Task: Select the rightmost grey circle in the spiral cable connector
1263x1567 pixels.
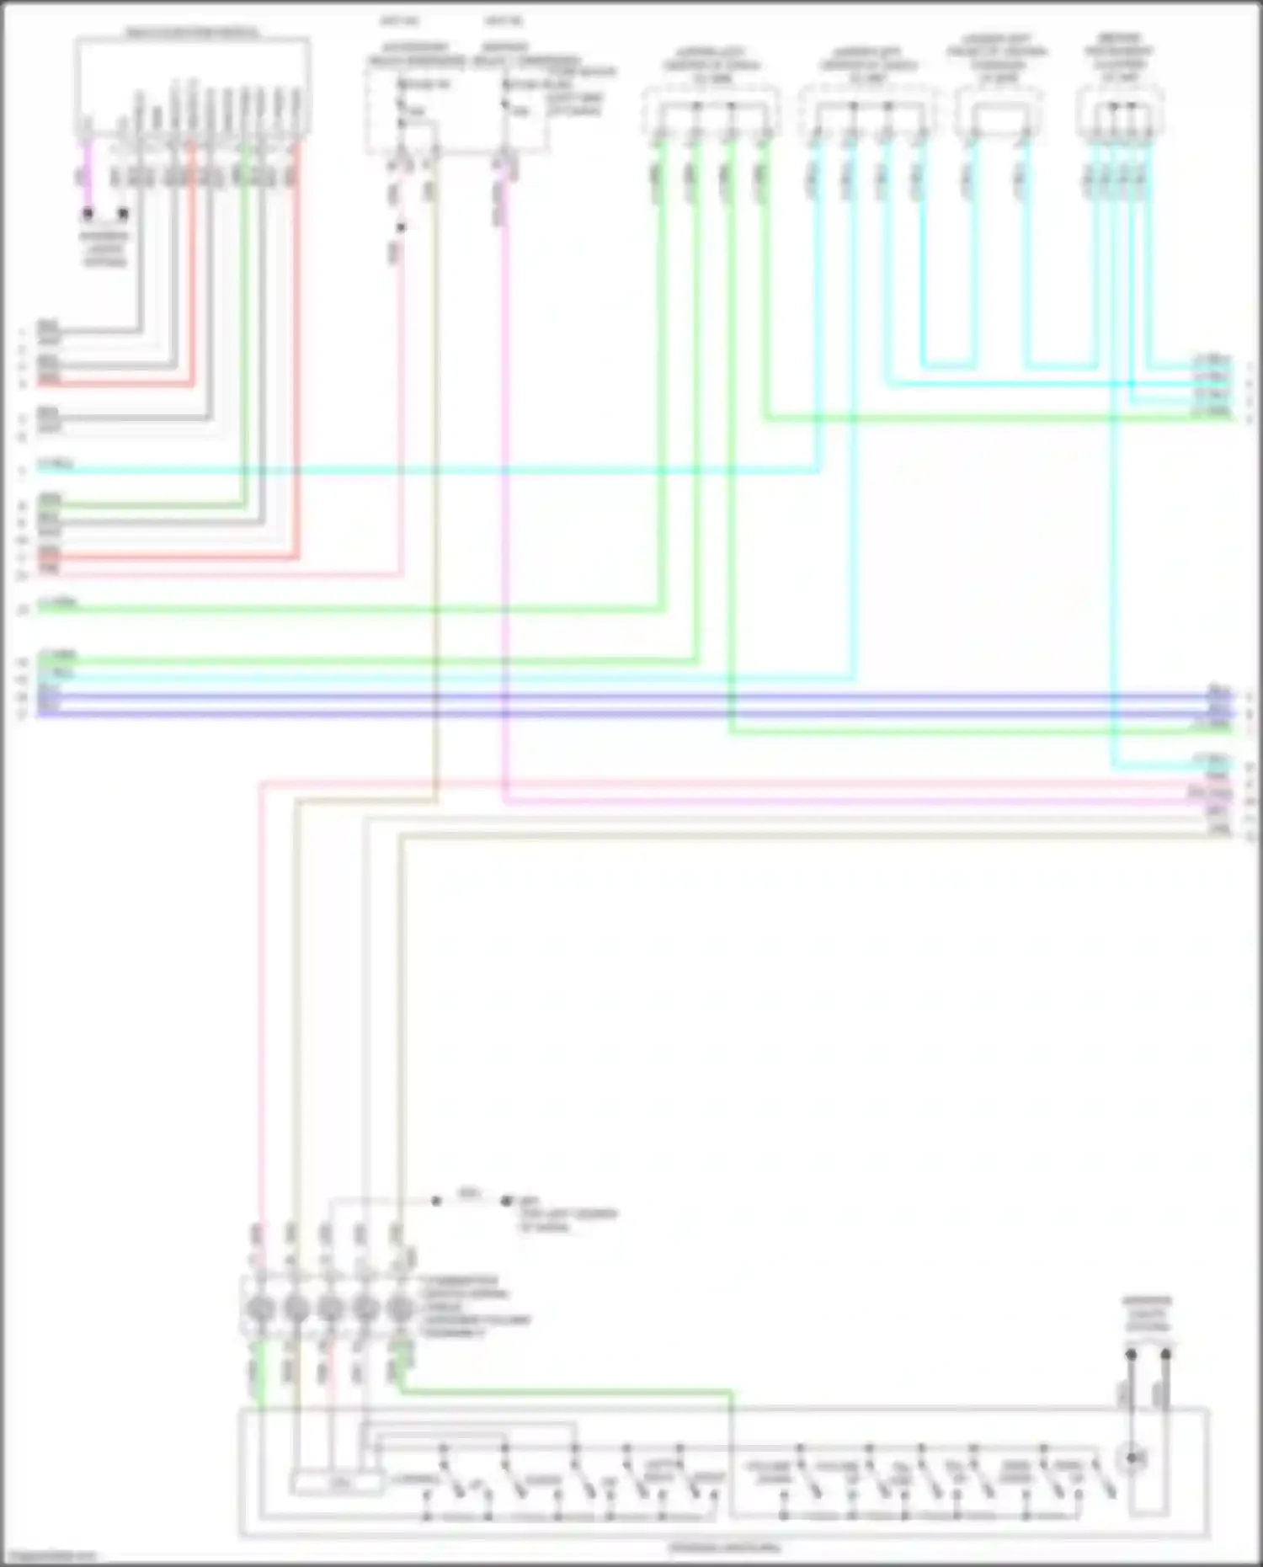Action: coord(400,1309)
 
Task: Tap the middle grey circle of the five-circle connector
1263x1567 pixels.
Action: coord(330,1309)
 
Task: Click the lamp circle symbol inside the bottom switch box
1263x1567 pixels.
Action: coord(1133,1458)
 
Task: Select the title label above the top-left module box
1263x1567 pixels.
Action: coord(193,33)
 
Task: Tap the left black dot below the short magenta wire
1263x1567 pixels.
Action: coord(88,214)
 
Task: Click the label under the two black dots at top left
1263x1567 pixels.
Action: coord(104,249)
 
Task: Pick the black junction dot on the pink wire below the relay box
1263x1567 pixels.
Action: coord(402,227)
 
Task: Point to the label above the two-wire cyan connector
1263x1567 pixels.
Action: coord(998,58)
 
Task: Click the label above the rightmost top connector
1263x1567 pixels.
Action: coord(1119,58)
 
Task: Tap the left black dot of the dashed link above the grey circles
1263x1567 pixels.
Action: coord(436,1201)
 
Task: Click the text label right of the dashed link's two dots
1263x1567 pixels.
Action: coord(567,1214)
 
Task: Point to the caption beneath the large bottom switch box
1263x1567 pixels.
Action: coord(724,1548)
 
